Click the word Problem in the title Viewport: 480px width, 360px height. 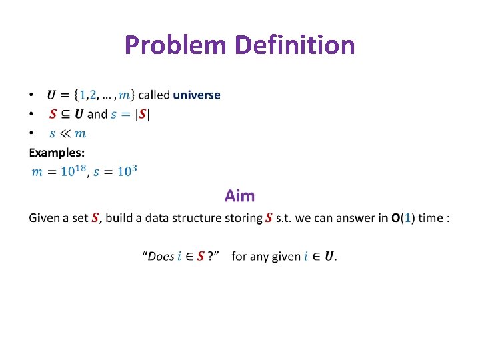click(x=177, y=45)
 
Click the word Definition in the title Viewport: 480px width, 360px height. click(x=295, y=45)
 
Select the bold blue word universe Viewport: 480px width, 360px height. click(x=197, y=95)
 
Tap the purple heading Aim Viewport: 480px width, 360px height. click(x=239, y=195)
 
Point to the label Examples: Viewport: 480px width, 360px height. click(x=57, y=152)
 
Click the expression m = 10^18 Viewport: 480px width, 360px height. click(x=59, y=171)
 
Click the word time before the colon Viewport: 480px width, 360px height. click(x=431, y=218)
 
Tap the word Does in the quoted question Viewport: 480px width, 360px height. click(x=161, y=257)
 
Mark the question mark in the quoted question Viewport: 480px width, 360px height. click(x=211, y=257)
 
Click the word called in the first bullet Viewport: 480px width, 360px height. click(x=153, y=95)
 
